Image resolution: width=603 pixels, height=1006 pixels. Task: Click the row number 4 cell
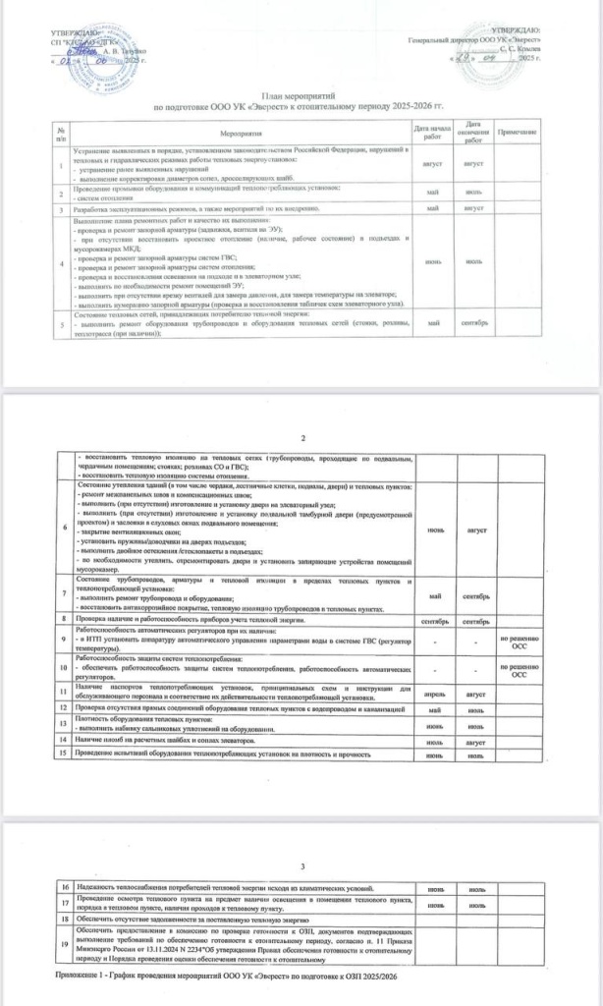(x=61, y=263)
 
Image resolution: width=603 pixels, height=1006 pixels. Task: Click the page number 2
(x=302, y=438)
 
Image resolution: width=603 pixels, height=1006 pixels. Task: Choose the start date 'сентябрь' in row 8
(x=435, y=621)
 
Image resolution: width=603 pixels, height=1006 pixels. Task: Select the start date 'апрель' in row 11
(x=435, y=693)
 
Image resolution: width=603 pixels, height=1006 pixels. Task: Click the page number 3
(x=302, y=866)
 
